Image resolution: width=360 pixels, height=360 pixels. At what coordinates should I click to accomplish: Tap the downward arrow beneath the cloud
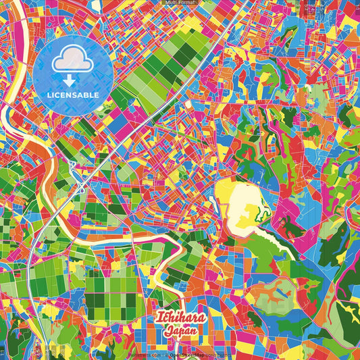click(x=72, y=80)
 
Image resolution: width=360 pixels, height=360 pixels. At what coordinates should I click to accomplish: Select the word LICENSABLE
click(x=72, y=95)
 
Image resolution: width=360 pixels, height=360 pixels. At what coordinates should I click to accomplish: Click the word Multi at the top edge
click(x=172, y=3)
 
